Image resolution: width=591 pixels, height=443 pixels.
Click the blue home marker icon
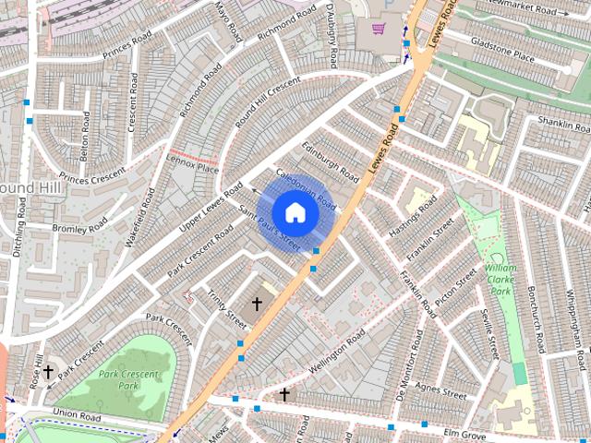point(295,211)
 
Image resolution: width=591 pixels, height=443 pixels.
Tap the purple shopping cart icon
point(378,28)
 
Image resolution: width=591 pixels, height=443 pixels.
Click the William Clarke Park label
point(501,279)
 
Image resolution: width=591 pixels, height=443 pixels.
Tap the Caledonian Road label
point(306,186)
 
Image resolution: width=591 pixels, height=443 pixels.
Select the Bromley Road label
point(79,226)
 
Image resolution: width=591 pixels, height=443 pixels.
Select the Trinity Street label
point(226,309)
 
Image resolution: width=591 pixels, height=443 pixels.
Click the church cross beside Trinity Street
point(257,303)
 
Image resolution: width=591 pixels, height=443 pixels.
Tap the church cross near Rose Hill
point(47,372)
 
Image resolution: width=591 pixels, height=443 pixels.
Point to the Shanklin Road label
point(563,123)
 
